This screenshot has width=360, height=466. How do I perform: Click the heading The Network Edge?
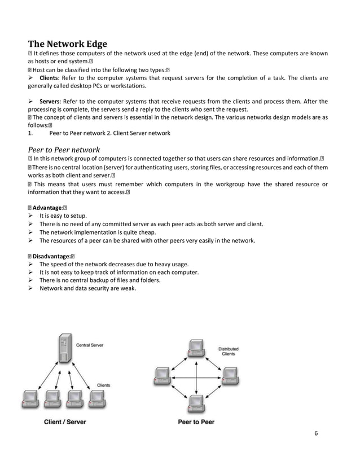(67, 44)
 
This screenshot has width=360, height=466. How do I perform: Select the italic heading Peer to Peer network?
(64, 150)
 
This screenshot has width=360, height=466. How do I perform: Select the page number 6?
(316, 433)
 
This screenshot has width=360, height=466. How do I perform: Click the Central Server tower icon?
(63, 350)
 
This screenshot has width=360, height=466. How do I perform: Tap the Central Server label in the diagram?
(89, 345)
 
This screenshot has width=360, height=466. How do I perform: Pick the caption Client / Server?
(65, 421)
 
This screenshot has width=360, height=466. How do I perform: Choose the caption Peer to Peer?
(196, 421)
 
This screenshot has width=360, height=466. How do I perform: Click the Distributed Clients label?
(228, 351)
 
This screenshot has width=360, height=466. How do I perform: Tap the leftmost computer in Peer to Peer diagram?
(162, 376)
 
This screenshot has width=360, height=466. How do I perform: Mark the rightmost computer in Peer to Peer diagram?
(229, 376)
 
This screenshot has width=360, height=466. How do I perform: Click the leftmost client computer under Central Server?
(30, 399)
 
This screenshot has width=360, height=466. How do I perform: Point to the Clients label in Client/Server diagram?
(103, 385)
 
